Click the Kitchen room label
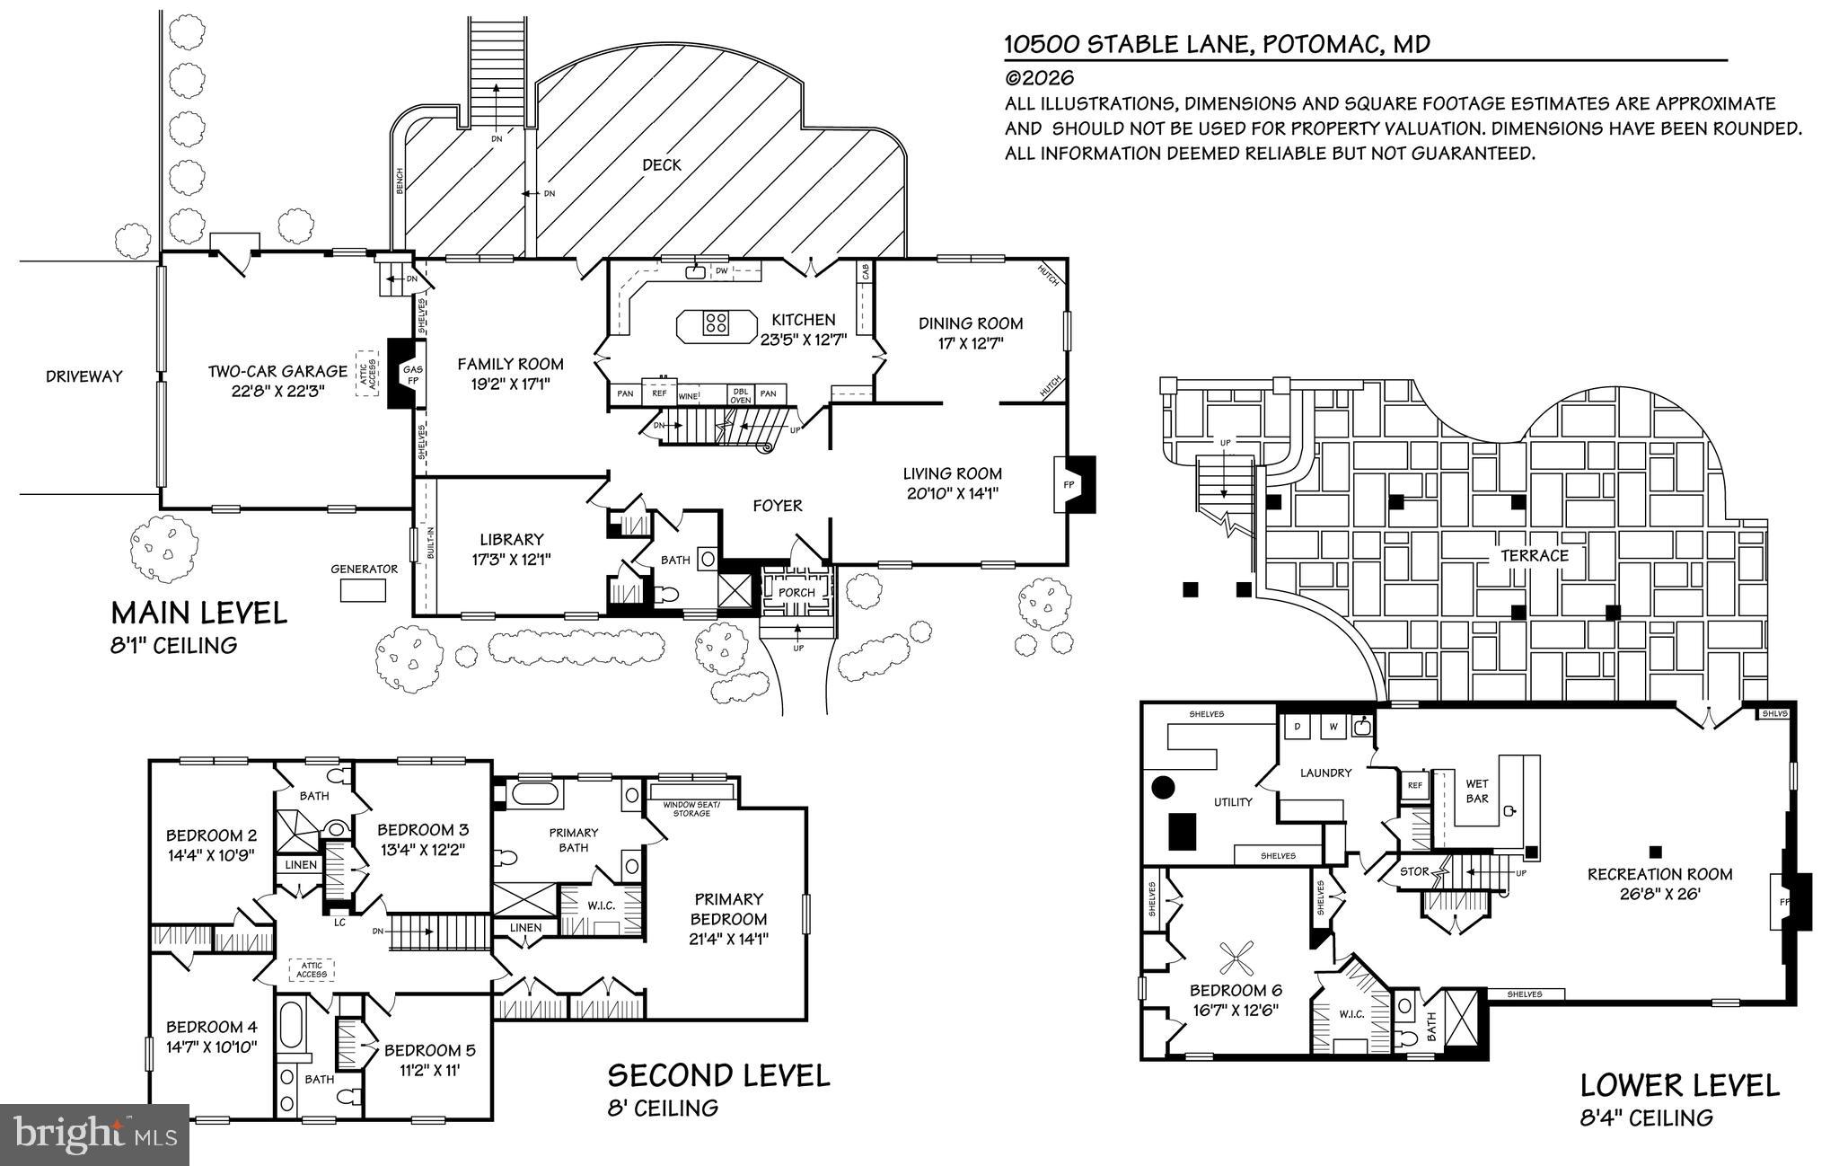point(803,320)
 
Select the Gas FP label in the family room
point(413,375)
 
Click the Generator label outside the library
point(364,569)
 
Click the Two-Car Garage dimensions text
point(277,391)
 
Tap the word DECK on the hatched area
point(662,165)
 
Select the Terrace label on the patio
point(1535,556)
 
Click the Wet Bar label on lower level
point(1477,791)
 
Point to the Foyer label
point(777,506)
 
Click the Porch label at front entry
point(796,592)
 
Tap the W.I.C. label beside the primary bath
point(601,905)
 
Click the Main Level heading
point(198,614)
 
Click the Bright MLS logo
point(94,1134)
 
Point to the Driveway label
point(84,376)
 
